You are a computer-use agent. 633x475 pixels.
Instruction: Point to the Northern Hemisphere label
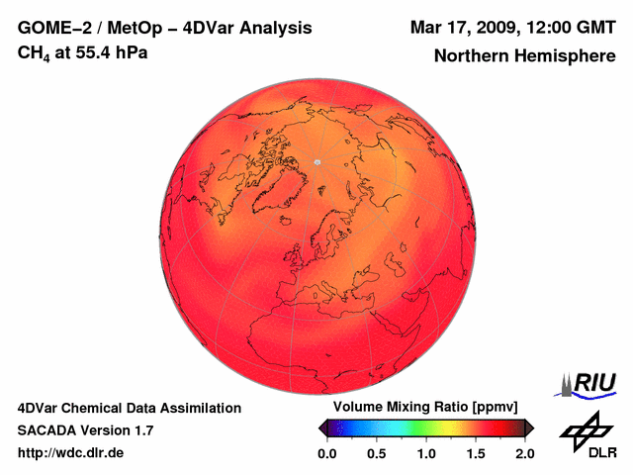[524, 56]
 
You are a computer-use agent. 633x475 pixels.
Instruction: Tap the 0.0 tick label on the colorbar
[327, 453]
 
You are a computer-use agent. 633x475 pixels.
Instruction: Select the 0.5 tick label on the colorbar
[377, 453]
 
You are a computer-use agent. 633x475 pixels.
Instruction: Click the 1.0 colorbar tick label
[426, 453]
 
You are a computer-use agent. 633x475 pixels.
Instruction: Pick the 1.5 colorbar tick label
[476, 453]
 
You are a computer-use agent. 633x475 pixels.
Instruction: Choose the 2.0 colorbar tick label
[524, 453]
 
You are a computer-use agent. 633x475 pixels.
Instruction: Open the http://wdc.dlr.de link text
[71, 453]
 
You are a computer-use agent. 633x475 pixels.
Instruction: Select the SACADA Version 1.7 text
[85, 430]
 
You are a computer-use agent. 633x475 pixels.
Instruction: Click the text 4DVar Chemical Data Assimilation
[129, 408]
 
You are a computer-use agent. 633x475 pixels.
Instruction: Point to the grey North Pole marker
[316, 161]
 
